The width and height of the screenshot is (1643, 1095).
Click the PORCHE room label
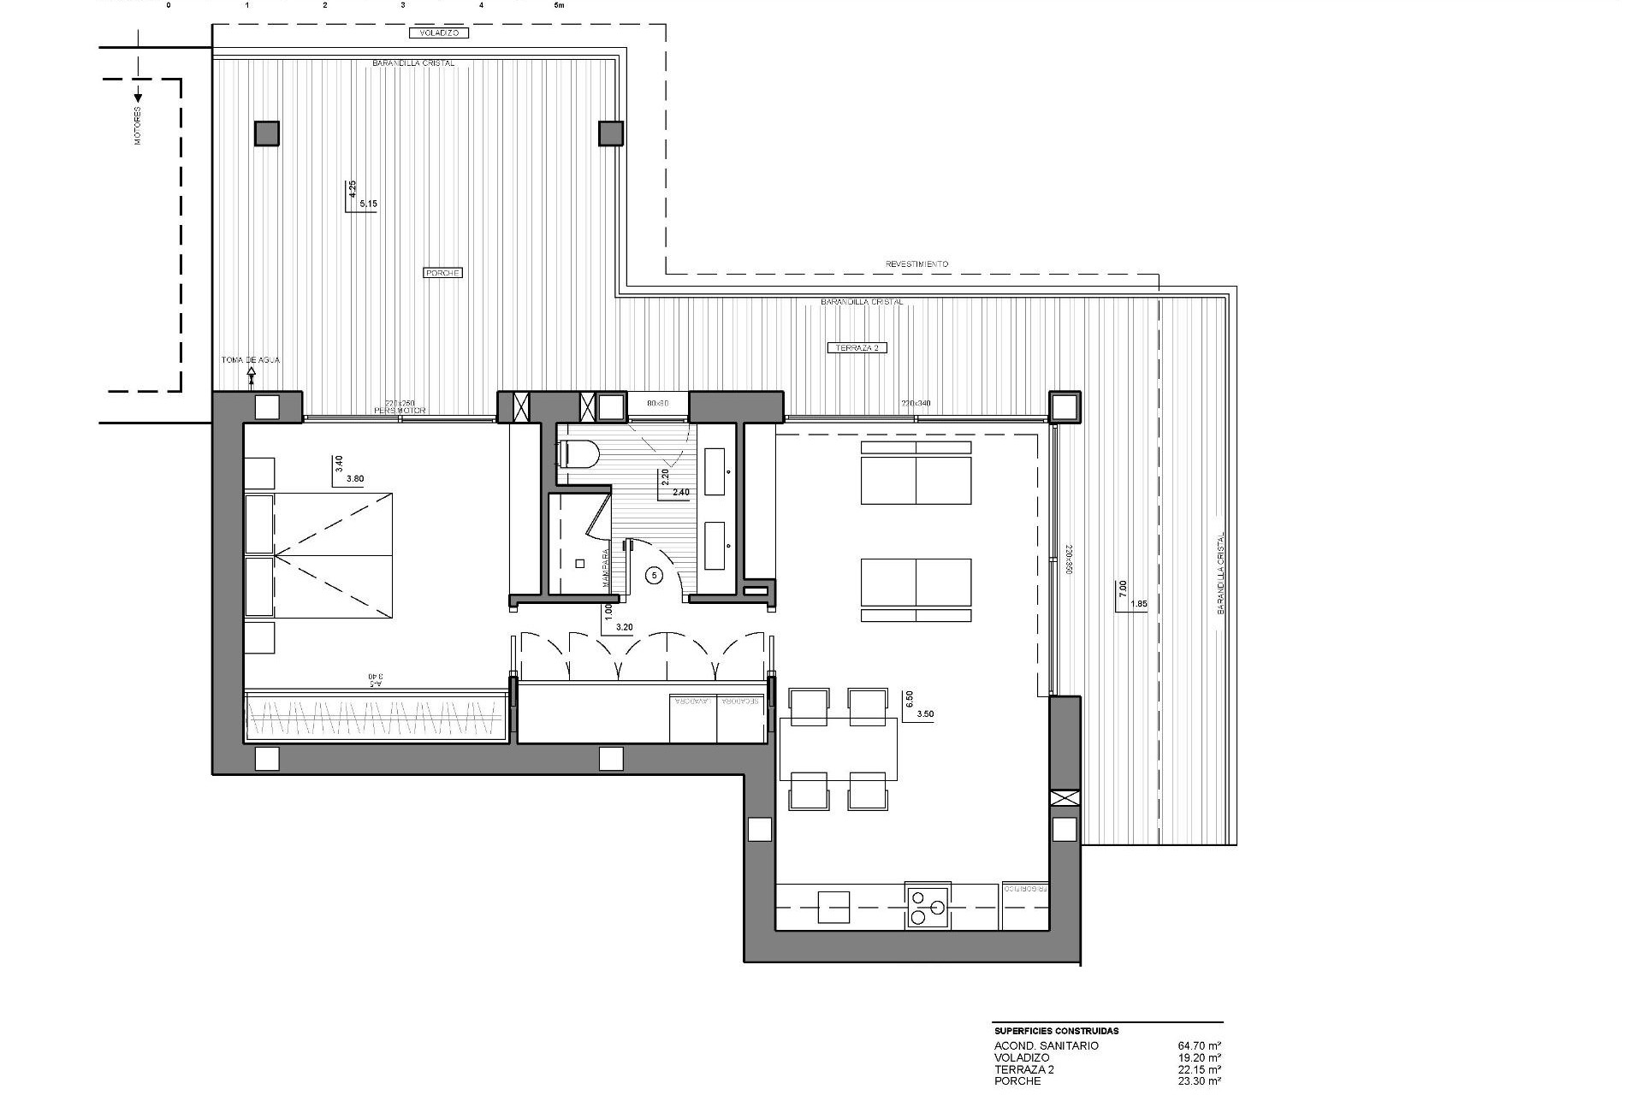(x=442, y=273)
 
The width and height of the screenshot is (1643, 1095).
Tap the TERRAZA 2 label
(x=857, y=347)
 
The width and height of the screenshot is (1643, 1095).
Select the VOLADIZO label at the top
(x=439, y=33)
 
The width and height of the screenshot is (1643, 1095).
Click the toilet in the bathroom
(x=578, y=454)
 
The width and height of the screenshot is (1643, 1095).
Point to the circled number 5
(x=655, y=576)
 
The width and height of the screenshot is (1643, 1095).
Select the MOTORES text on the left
(x=138, y=125)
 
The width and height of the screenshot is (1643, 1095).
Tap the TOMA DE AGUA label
(x=250, y=360)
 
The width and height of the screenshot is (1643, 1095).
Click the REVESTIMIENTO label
(x=916, y=264)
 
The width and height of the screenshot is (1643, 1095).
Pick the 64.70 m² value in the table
(x=1199, y=1045)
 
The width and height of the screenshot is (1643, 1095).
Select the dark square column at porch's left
(x=266, y=133)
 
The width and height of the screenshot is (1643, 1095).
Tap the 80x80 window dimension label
(x=657, y=402)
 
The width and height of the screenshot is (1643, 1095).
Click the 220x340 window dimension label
(x=915, y=403)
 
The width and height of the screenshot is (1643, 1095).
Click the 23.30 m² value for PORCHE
(x=1199, y=1081)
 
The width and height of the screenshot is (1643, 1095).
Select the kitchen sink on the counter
(x=833, y=907)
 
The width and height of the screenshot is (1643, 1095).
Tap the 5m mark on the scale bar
(x=560, y=4)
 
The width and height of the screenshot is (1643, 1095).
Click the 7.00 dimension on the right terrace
(x=1122, y=589)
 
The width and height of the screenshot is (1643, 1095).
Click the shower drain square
(x=579, y=563)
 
